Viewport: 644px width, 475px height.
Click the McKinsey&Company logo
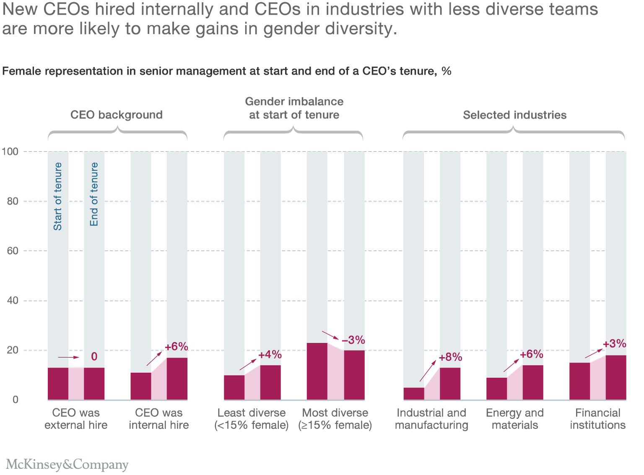pyautogui.click(x=67, y=464)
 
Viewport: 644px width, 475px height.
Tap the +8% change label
pyautogui.click(x=450, y=357)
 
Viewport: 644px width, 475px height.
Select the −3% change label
pyautogui.click(x=353, y=340)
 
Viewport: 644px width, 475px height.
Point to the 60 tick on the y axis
pyautogui.click(x=13, y=251)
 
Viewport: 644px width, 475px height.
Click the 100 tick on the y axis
pyautogui.click(x=10, y=151)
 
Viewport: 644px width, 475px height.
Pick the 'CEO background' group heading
pyautogui.click(x=116, y=115)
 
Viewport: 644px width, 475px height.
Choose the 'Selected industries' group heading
pyautogui.click(x=514, y=115)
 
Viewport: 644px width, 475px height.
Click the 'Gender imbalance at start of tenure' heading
pyautogui.click(x=294, y=108)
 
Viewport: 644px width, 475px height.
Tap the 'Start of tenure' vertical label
pyautogui.click(x=58, y=196)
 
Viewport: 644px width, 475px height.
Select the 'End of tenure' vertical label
pyautogui.click(x=94, y=194)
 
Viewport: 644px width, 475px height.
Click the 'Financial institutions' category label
pyautogui.click(x=597, y=419)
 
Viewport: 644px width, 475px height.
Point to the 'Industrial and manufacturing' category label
pyautogui.click(x=431, y=419)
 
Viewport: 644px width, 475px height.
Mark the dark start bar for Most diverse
pyautogui.click(x=317, y=371)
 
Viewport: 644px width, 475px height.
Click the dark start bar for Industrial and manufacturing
pyautogui.click(x=414, y=394)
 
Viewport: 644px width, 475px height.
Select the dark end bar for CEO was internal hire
pyautogui.click(x=177, y=379)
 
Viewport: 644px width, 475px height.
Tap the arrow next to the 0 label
pyautogui.click(x=68, y=357)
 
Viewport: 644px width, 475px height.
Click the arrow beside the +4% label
pyautogui.click(x=248, y=364)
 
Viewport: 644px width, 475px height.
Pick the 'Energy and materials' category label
pyautogui.click(x=514, y=419)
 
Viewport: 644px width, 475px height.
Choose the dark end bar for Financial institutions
pyautogui.click(x=615, y=377)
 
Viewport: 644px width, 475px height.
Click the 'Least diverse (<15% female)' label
pyautogui.click(x=252, y=419)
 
